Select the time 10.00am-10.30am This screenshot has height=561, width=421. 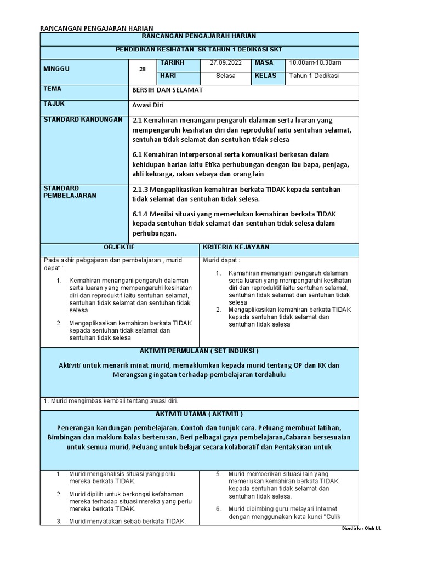click(315, 63)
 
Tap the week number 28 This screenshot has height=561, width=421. click(143, 69)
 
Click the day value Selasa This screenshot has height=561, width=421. click(225, 76)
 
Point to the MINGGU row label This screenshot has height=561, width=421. click(56, 69)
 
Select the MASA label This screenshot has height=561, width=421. click(264, 63)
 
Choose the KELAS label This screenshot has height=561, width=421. click(266, 76)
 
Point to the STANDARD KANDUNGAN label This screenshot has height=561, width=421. click(83, 119)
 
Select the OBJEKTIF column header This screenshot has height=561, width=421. click(120, 248)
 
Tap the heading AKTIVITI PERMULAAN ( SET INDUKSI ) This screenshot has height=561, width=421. click(199, 351)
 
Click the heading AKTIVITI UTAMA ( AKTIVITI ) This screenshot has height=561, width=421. click(199, 414)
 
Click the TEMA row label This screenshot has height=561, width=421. click(52, 88)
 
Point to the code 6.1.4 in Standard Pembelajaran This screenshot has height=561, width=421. click(143, 213)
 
